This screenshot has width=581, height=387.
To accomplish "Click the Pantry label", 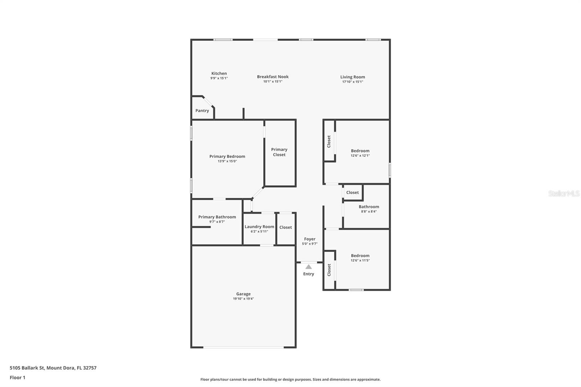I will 202,111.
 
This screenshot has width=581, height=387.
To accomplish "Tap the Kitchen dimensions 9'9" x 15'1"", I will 219,78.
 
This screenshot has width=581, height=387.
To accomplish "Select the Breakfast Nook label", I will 273,77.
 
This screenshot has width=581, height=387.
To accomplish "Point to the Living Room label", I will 353,77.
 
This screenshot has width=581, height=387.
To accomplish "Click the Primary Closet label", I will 279,152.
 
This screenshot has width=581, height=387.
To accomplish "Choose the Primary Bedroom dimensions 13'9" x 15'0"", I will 227,161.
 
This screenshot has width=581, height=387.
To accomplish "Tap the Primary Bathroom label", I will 217,217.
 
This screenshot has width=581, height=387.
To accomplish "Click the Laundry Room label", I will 259,227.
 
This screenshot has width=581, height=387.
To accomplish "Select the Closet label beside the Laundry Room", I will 285,227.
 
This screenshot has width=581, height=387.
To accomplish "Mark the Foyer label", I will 310,239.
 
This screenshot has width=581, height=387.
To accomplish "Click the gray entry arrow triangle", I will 309,267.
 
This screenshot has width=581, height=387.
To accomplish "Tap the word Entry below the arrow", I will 309,274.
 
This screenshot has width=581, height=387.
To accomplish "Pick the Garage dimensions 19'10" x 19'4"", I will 243,299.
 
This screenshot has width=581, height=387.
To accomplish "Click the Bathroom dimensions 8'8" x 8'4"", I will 369,211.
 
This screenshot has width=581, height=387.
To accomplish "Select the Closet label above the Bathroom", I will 352,192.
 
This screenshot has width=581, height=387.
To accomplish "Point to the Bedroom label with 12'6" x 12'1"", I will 360,151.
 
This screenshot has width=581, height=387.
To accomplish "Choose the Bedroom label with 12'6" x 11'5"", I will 360,256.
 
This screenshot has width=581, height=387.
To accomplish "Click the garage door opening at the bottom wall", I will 243,347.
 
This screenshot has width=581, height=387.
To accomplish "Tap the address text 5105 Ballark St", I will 27,368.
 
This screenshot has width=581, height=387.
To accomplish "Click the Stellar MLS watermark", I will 564,194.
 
